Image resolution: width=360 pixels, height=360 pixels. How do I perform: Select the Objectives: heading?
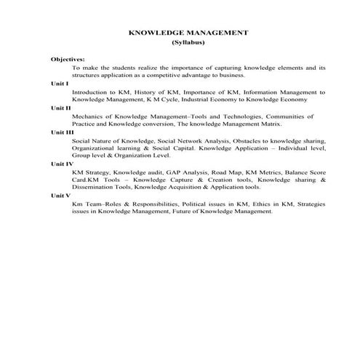[68, 58]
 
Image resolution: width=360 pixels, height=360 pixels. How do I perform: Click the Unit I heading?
[60, 84]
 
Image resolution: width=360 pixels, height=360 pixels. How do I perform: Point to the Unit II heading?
[61, 108]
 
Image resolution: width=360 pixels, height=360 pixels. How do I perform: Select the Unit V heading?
[61, 196]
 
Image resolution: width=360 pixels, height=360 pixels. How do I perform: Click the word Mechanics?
[89, 116]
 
